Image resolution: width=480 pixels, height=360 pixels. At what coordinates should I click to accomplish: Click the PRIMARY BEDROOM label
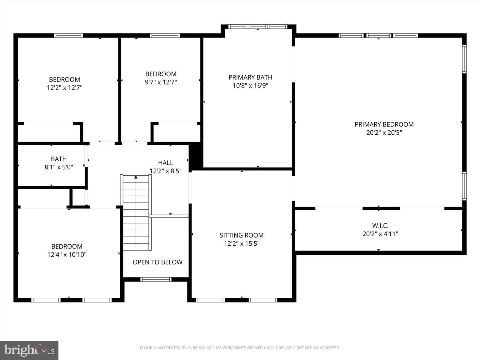384,124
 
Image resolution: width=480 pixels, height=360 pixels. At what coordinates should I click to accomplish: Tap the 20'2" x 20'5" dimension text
384,132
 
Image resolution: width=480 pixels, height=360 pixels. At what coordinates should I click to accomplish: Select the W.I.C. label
380,225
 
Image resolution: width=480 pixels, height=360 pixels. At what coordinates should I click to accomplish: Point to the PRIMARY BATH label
250,77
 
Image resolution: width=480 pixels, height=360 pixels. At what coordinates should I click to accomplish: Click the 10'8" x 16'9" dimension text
250,85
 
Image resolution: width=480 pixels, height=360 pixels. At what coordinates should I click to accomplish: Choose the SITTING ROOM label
242,235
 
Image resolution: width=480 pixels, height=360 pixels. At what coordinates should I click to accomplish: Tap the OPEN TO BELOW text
157,262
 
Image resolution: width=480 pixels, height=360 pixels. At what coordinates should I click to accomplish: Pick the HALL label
166,163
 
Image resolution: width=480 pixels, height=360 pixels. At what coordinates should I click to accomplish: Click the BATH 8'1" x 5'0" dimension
59,167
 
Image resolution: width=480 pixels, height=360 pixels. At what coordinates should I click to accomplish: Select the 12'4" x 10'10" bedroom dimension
67,255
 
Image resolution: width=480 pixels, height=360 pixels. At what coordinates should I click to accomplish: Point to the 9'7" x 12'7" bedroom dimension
161,82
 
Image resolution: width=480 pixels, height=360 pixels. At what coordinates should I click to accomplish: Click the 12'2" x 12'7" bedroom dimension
64,88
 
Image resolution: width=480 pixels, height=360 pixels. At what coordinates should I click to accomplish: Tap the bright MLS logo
29,350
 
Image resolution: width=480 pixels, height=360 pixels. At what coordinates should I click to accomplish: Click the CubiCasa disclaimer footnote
240,348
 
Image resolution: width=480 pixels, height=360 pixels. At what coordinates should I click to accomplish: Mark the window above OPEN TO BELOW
156,279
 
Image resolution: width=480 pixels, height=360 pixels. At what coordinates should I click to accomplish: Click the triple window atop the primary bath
257,27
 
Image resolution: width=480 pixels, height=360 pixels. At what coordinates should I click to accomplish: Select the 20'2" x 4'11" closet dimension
380,233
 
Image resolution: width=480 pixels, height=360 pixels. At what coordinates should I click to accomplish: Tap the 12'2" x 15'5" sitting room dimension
242,243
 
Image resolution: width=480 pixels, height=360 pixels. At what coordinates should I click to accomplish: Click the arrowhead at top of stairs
136,177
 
